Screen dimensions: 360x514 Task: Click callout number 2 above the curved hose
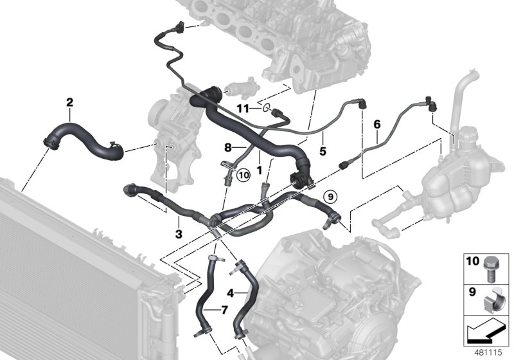pyautogui.click(x=69, y=102)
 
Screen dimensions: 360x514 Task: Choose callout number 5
pyautogui.click(x=323, y=151)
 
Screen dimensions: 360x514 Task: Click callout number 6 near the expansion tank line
pyautogui.click(x=377, y=123)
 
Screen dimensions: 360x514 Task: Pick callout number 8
pyautogui.click(x=228, y=147)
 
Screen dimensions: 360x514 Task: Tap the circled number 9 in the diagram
pyautogui.click(x=329, y=195)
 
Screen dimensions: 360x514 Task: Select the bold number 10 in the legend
pyautogui.click(x=472, y=262)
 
